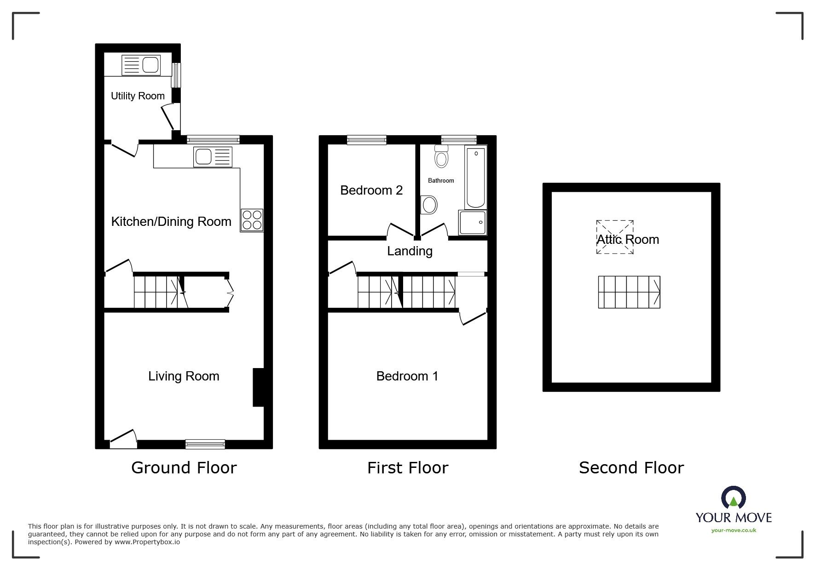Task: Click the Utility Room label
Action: click(x=138, y=96)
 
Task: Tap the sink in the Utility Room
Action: click(x=141, y=65)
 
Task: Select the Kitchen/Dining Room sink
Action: click(x=213, y=157)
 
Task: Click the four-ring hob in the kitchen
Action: click(x=252, y=220)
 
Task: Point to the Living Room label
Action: click(x=184, y=376)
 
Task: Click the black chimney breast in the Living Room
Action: click(x=258, y=387)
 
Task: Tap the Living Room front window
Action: click(x=205, y=444)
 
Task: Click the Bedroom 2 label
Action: click(x=371, y=190)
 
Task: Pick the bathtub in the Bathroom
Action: click(x=475, y=177)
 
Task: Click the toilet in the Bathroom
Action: click(x=441, y=156)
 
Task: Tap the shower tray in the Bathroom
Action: click(x=472, y=223)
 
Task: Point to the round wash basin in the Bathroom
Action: click(x=429, y=205)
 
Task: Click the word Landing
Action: click(x=410, y=251)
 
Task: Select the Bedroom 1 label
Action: click(x=407, y=376)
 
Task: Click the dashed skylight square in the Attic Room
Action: click(x=615, y=237)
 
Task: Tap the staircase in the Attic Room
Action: click(x=629, y=292)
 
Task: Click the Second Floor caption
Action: click(x=631, y=468)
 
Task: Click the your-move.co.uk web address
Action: click(x=734, y=530)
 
